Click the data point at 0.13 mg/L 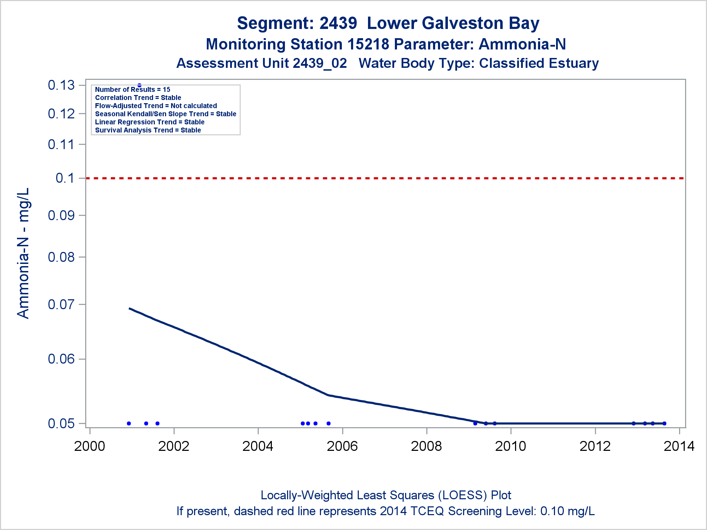pos(139,85)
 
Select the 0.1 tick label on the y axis pos(65,178)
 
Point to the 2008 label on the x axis pos(426,446)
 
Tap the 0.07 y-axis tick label pos(62,304)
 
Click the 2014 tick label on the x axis pos(679,446)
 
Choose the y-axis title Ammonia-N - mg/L pos(23,253)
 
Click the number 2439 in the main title pos(338,23)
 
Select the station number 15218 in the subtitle pos(368,45)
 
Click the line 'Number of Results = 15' pos(133,89)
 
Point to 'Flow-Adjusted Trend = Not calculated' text pos(156,106)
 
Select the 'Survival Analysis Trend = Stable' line pos(148,130)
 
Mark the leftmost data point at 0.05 pos(129,423)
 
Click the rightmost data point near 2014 pos(664,423)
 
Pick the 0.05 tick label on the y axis pos(62,423)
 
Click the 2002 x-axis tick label pos(174,446)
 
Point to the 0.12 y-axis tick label pos(62,114)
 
